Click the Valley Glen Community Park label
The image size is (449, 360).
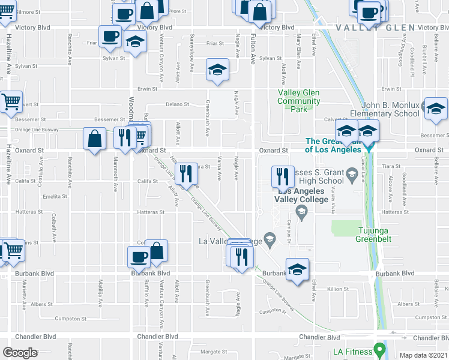pyautogui.click(x=298, y=101)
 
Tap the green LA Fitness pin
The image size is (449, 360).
pyautogui.click(x=379, y=349)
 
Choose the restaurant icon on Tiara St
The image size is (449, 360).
pyautogui.click(x=186, y=174)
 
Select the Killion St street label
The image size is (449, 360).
pyautogui.click(x=338, y=289)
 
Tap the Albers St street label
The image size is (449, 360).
pyautogui.click(x=42, y=304)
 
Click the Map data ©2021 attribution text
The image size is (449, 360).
pyautogui.click(x=423, y=355)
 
